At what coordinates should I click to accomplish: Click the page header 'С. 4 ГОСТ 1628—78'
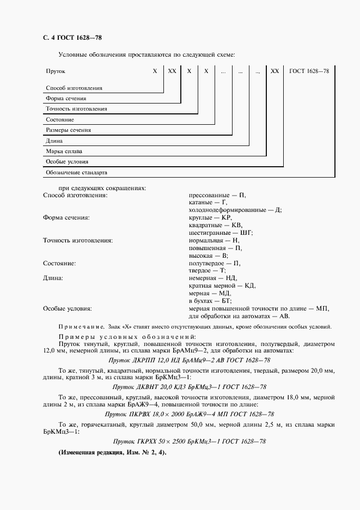[x=72, y=38]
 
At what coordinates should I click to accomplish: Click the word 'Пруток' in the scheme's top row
[x=56, y=71]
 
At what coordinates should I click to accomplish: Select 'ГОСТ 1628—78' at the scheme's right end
[x=309, y=71]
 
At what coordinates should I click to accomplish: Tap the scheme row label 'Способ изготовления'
[x=74, y=88]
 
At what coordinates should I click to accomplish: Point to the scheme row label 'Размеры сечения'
[x=69, y=130]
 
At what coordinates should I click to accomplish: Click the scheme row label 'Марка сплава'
[x=64, y=151]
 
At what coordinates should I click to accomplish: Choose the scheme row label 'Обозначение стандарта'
[x=76, y=173]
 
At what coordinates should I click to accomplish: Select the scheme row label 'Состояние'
[x=60, y=119]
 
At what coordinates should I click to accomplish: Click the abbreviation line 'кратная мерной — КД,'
[x=222, y=285]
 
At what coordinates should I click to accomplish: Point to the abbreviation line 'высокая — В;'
[x=208, y=255]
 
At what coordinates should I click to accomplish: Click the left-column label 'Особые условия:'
[x=67, y=308]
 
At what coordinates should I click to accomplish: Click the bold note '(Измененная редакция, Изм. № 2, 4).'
[x=112, y=453]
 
